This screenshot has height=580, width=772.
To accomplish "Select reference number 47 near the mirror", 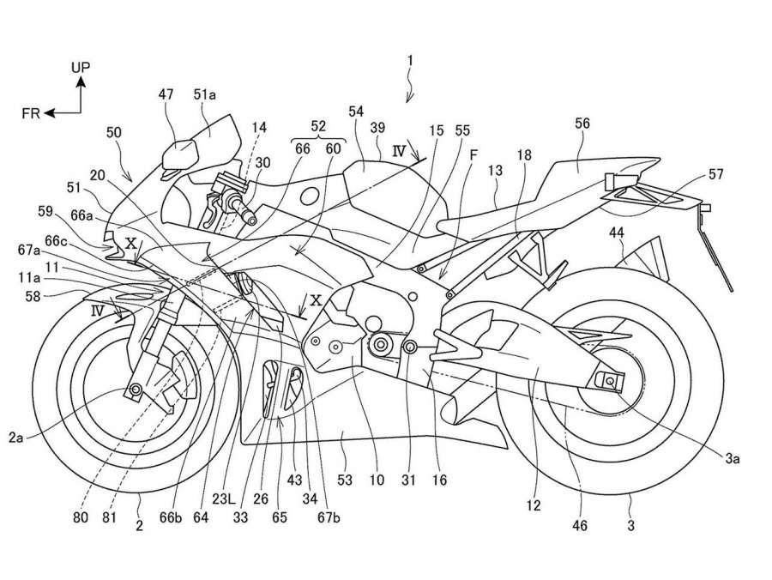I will coord(166,97).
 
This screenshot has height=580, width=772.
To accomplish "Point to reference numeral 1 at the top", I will coord(411,61).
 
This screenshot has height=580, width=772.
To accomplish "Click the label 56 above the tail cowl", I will coord(582,124).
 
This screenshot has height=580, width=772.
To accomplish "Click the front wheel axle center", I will coord(135,391).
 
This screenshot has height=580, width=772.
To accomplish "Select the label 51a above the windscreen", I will coord(204,97).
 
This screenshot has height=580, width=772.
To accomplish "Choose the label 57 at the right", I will coord(716,174).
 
